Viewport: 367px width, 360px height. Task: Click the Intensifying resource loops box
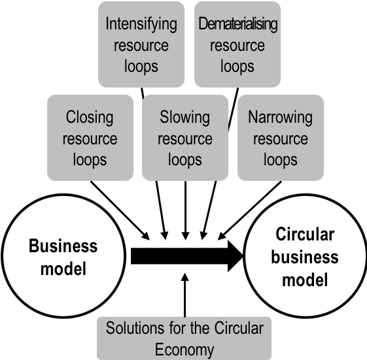click(141, 44)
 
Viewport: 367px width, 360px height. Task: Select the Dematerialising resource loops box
click(237, 44)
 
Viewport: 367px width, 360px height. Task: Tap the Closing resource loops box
click(90, 138)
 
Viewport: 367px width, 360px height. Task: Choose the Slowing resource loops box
click(184, 138)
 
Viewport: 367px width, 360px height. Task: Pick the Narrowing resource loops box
click(280, 138)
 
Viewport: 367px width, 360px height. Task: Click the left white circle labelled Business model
click(63, 257)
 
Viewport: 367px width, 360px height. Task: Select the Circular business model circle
click(305, 257)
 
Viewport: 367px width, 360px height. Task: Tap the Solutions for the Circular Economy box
click(184, 338)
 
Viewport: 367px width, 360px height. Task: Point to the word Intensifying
click(141, 25)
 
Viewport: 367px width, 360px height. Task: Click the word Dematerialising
click(237, 25)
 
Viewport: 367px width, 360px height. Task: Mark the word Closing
click(90, 118)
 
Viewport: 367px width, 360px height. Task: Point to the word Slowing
click(184, 118)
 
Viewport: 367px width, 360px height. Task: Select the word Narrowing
click(280, 118)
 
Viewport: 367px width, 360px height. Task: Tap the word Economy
click(184, 350)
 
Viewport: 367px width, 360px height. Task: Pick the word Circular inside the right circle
click(305, 235)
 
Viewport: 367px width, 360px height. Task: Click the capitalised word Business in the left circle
click(63, 246)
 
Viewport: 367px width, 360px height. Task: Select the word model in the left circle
click(63, 269)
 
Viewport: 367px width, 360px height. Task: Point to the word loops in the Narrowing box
click(280, 159)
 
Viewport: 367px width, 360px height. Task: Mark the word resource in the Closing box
click(90, 139)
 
